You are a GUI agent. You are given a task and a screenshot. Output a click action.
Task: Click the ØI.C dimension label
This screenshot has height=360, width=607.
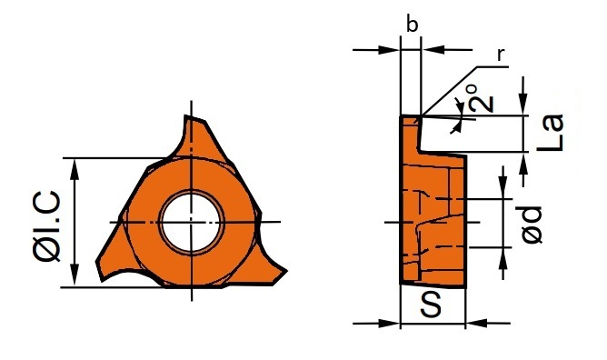tap(47, 226)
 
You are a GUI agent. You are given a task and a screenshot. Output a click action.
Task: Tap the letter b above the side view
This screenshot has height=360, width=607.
tap(412, 25)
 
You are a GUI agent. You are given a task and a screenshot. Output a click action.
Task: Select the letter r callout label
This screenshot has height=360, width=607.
tap(501, 55)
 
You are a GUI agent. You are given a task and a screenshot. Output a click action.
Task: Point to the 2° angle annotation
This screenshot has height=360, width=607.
tap(482, 99)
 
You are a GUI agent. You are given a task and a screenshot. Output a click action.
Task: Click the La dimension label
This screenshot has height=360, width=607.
tap(550, 133)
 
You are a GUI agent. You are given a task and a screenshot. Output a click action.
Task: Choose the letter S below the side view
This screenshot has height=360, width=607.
tap(431, 305)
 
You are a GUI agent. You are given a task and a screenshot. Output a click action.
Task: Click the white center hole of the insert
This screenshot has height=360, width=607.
tap(191, 223)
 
